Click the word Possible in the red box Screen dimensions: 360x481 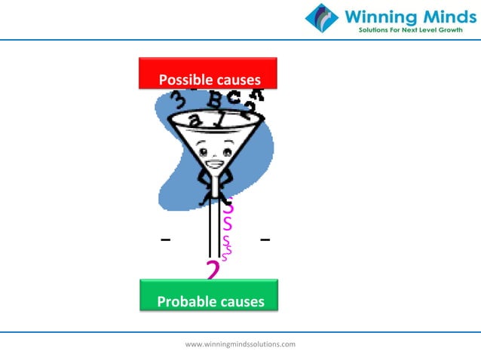pyautogui.click(x=180, y=80)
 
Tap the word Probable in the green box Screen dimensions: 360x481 pyautogui.click(x=182, y=302)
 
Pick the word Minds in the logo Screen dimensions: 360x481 pyautogui.click(x=440, y=17)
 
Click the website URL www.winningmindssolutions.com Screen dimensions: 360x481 pyautogui.click(x=240, y=344)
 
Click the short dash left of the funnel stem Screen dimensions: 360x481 pyautogui.click(x=165, y=240)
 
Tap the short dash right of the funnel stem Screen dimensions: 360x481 pyautogui.click(x=265, y=240)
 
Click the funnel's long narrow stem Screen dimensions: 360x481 pyautogui.click(x=214, y=226)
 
